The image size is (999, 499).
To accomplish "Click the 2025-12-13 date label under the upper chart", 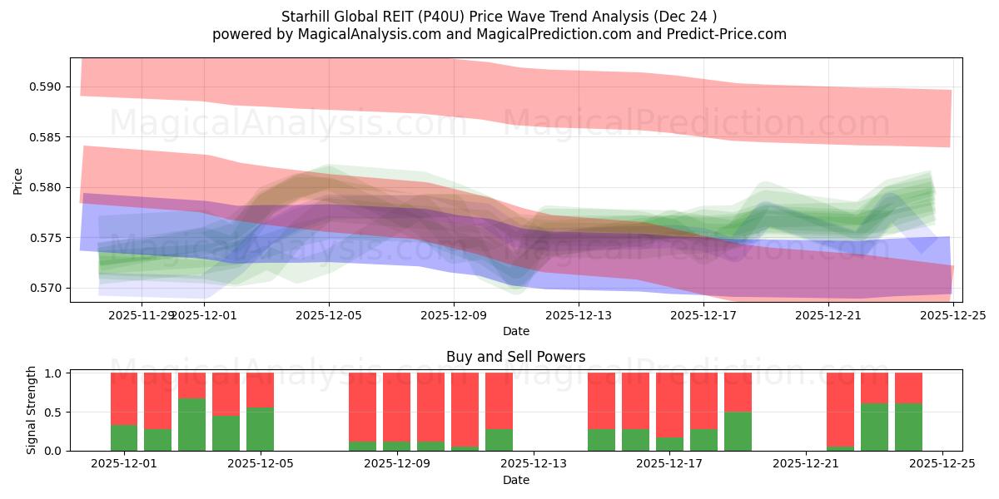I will tap(579, 315).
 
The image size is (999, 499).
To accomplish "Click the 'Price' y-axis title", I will tap(18, 180).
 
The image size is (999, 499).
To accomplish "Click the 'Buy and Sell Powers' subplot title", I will tap(515, 357).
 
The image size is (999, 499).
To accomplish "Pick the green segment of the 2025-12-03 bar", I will tap(192, 424).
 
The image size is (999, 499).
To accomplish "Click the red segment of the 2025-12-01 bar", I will tap(124, 398).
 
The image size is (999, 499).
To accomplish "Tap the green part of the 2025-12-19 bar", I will tap(738, 431).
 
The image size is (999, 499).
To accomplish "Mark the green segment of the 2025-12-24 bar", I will tap(908, 427).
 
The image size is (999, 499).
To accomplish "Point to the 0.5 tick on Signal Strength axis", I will tap(54, 413).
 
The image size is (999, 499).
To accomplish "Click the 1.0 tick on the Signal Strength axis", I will tap(54, 373).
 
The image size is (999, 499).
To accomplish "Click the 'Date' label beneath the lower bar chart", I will tap(515, 480).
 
